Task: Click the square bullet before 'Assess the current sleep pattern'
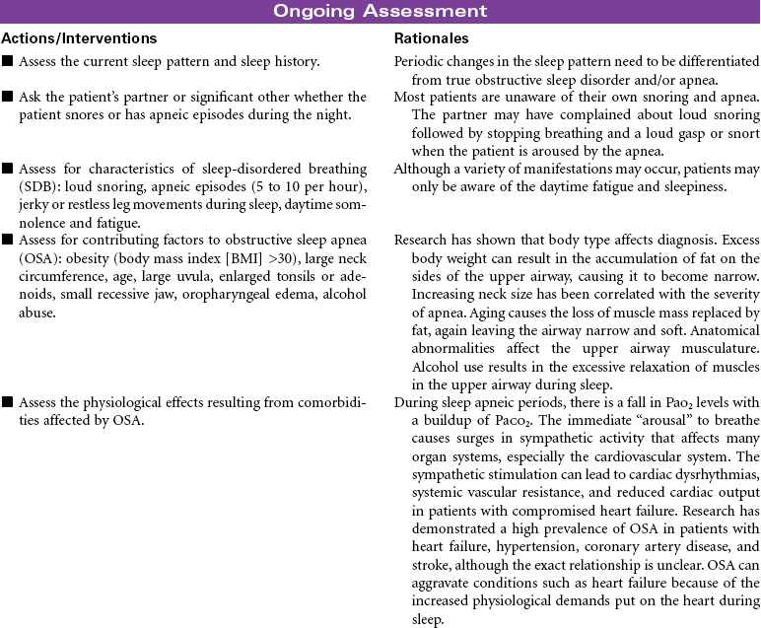8,62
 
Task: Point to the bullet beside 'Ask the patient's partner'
8,97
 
